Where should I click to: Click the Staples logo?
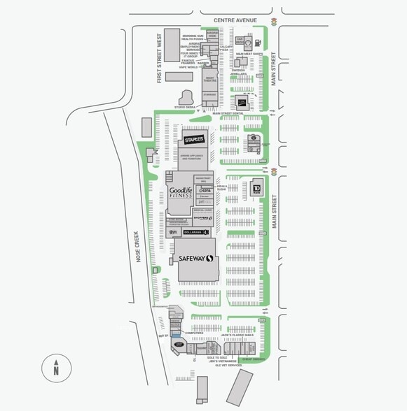(194, 140)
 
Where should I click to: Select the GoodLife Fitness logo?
(179, 193)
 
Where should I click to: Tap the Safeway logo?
(195, 259)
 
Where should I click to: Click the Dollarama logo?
(195, 232)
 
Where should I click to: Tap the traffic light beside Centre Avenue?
(273, 20)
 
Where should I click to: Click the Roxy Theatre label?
(209, 80)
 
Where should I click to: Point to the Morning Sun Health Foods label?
(193, 38)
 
